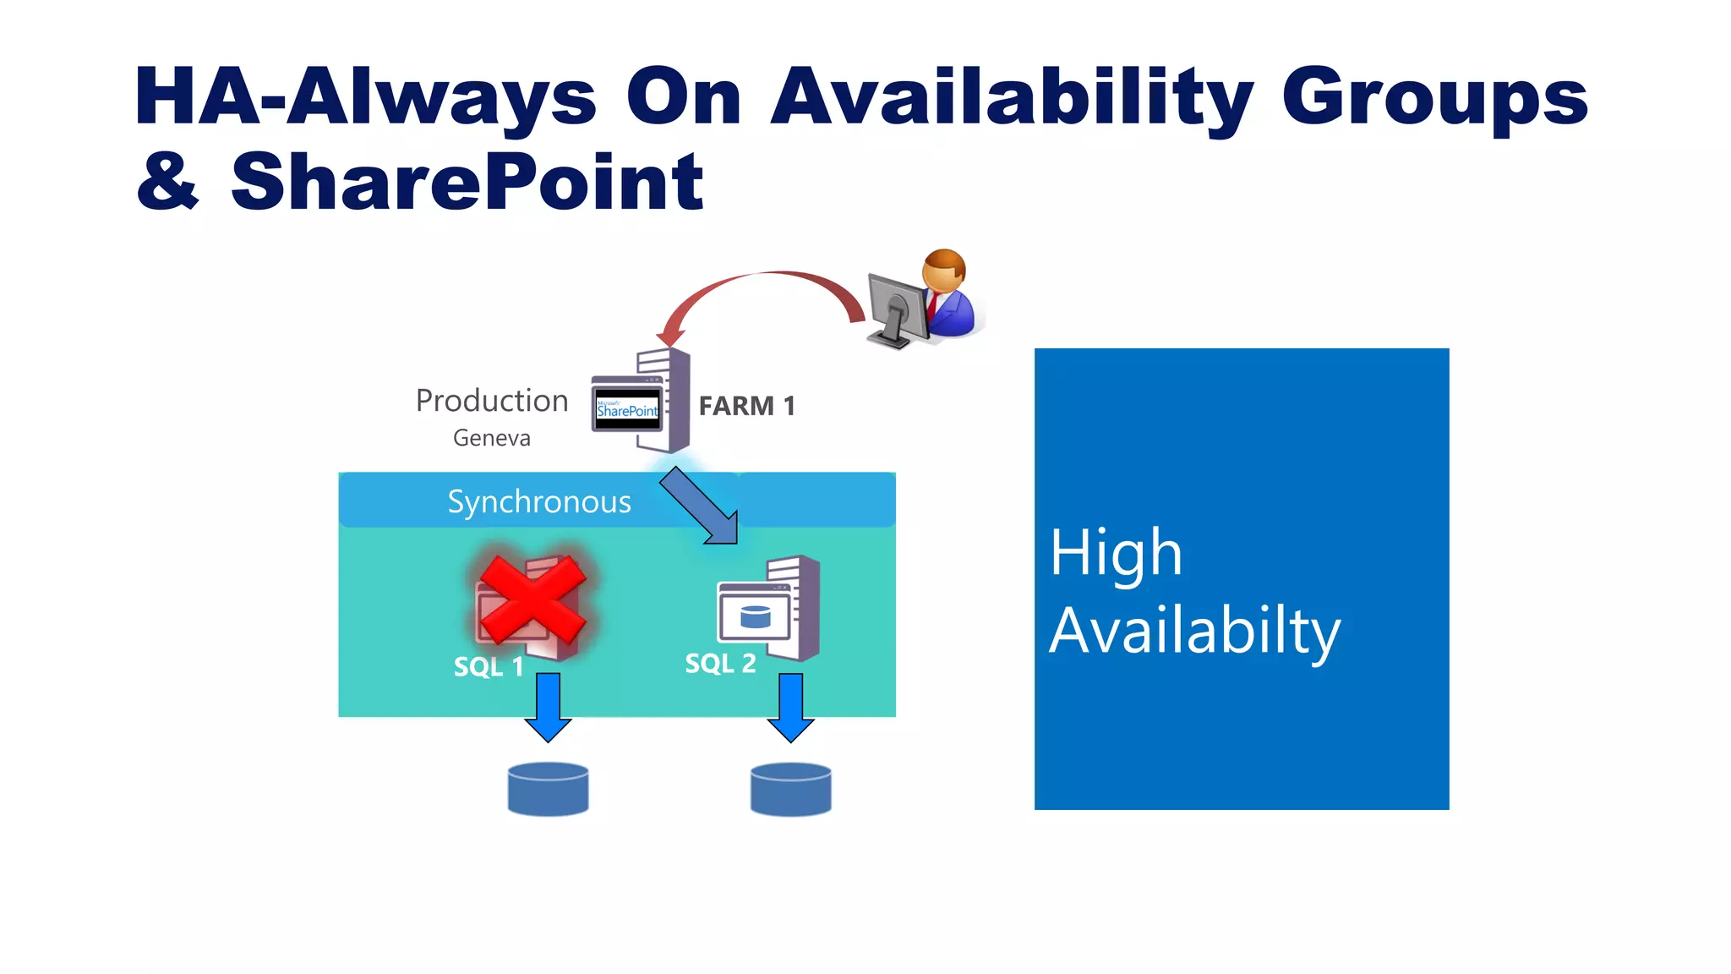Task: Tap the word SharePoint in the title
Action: tap(467, 182)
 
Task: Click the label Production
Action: tap(492, 401)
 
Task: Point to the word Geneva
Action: tap(492, 438)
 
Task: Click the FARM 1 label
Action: tap(746, 406)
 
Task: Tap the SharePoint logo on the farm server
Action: tap(627, 409)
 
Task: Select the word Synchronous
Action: tap(539, 502)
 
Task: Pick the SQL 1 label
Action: tap(489, 667)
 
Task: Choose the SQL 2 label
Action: tap(720, 664)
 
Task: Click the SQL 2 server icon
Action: tap(769, 609)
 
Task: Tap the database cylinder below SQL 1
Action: tap(548, 790)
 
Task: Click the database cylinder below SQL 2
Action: tap(790, 790)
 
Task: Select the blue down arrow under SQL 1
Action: tap(548, 707)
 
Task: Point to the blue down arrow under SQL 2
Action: tap(790, 707)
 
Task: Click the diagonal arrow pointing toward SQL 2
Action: tap(699, 506)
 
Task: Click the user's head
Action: tap(943, 270)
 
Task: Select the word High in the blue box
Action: tap(1115, 554)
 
